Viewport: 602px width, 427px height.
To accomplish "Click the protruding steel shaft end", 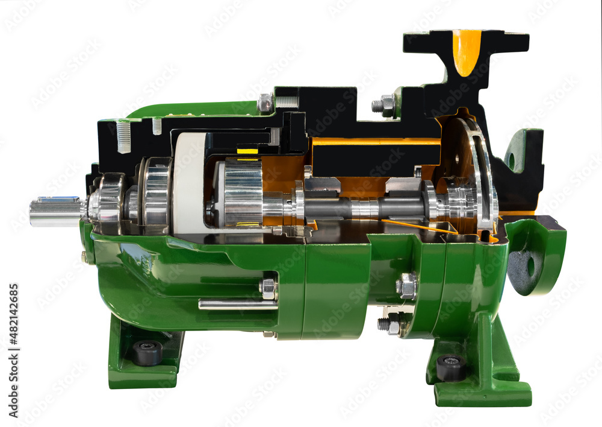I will click(x=56, y=210).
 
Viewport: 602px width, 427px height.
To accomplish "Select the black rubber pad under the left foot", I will click(x=147, y=352).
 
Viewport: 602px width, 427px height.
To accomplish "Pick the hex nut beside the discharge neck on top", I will click(x=385, y=106).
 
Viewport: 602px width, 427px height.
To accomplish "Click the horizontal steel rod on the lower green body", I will click(x=238, y=305).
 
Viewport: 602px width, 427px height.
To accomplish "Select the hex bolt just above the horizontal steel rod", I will click(x=268, y=288).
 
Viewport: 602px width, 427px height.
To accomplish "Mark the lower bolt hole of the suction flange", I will click(x=530, y=266).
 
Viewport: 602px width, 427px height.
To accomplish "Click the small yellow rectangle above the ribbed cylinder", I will click(x=247, y=151).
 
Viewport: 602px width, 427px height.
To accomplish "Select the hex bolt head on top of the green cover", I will click(x=265, y=103).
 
